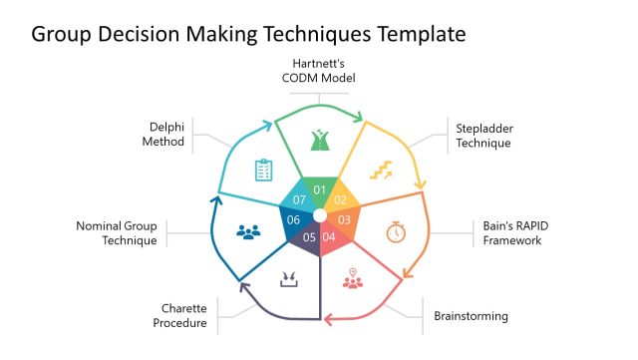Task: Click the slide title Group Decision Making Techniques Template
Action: point(248,34)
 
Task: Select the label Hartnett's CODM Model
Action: point(318,71)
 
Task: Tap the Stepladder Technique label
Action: point(483,136)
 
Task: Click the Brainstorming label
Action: point(471,316)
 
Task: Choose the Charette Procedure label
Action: point(179,315)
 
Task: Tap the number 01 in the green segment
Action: point(319,189)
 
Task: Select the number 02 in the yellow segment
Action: point(341,199)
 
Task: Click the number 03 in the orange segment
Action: point(345,219)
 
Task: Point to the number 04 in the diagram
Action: point(330,236)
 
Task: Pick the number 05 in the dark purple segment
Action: point(309,236)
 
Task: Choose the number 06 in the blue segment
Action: point(293,219)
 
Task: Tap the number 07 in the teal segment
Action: point(298,199)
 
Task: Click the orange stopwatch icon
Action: point(396,231)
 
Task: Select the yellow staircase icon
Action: point(381,172)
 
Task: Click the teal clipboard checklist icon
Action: point(263,170)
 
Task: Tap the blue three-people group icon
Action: point(248,231)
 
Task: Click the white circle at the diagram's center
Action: point(319,215)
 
